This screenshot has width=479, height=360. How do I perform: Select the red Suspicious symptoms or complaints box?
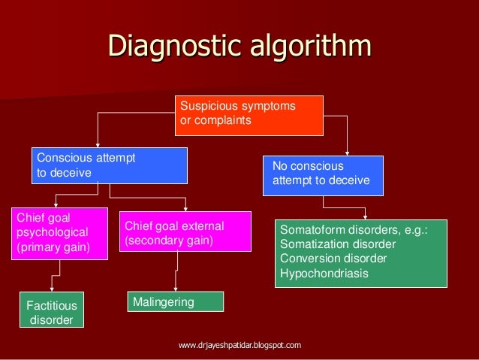coord(249,114)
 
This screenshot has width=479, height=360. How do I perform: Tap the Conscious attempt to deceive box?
coord(110,166)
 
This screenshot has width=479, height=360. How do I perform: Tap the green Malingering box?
coord(176,301)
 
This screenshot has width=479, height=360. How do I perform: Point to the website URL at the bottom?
coord(239,345)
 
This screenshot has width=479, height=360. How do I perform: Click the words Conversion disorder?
coord(333,259)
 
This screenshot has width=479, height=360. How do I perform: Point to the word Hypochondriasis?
coord(324,273)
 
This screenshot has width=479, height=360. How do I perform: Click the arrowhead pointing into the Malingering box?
coord(176,289)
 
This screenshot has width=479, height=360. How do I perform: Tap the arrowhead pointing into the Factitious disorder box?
coord(50,292)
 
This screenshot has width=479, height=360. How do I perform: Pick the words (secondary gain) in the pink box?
coord(169,241)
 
